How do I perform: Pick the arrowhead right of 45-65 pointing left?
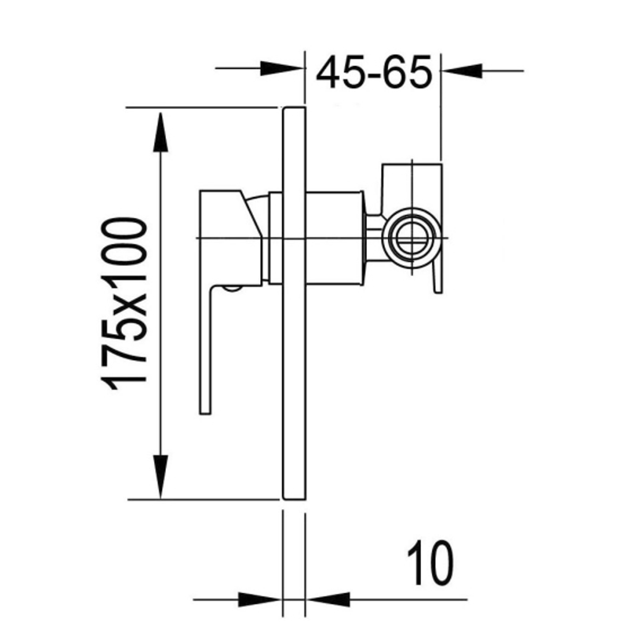point(464,71)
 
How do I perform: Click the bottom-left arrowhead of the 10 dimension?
point(259,600)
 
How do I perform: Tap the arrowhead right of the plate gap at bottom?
point(328,600)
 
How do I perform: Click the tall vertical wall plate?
point(294,302)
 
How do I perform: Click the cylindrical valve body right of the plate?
point(334,238)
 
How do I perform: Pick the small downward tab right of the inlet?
point(438,276)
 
